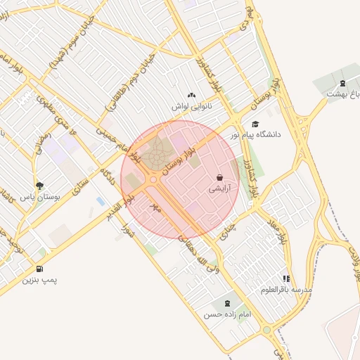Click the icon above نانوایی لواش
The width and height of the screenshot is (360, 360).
(191, 95)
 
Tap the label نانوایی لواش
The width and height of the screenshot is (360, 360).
(191, 106)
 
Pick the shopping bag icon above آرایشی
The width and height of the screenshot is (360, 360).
(221, 179)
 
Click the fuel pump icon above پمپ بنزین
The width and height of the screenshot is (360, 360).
(39, 269)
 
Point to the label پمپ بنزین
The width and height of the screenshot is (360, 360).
(39, 280)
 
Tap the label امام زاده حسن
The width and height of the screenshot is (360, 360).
(226, 315)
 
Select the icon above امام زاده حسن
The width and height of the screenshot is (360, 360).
(226, 304)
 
